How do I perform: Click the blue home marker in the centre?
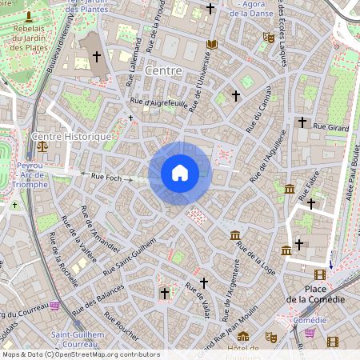coord(180,173)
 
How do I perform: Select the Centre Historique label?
coord(72,137)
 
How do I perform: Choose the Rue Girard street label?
coord(331,126)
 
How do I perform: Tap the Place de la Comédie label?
coord(316,294)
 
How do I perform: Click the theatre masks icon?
coord(270,338)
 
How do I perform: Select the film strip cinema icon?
coord(332,342)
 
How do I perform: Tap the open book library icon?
coord(211,45)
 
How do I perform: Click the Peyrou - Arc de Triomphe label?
coord(32,174)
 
